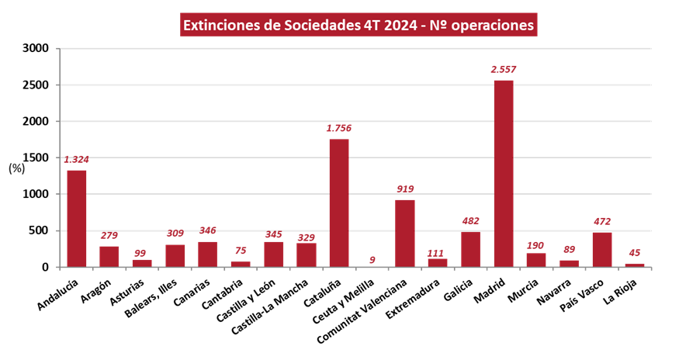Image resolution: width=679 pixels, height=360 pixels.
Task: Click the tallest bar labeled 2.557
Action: (503, 173)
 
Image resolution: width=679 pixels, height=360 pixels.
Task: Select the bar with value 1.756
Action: (339, 202)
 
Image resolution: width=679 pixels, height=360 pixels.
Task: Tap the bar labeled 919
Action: (404, 233)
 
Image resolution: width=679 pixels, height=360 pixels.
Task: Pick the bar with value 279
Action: (109, 256)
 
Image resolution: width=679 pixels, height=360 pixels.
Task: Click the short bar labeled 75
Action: (241, 264)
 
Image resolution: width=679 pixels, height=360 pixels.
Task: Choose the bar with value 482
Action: (470, 248)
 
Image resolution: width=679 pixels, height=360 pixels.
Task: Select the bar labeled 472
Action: (601, 248)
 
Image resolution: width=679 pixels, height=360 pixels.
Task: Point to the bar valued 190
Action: (535, 259)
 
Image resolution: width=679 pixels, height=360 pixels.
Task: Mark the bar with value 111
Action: (438, 262)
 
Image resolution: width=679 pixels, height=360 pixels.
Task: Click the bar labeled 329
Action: (307, 254)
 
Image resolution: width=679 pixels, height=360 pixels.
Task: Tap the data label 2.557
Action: (503, 69)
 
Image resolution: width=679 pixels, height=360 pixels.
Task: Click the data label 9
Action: (372, 260)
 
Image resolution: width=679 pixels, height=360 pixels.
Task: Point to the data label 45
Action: (635, 253)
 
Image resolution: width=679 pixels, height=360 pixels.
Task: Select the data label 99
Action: (140, 253)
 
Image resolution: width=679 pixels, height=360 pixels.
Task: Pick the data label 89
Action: (569, 249)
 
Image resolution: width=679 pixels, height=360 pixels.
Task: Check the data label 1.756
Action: (339, 128)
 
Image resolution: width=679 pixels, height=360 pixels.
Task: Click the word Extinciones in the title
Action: (222, 25)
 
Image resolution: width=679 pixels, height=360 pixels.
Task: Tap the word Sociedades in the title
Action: (321, 25)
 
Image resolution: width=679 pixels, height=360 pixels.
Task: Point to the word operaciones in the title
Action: (493, 25)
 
